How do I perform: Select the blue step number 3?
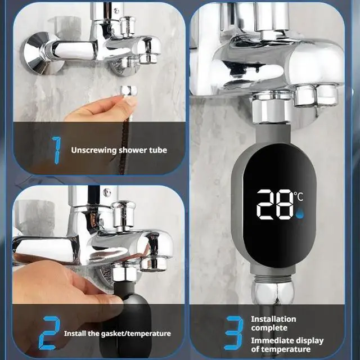click(x=232, y=333)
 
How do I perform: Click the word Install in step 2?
click(x=75, y=334)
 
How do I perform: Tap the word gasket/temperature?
click(x=135, y=334)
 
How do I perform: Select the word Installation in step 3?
click(x=273, y=319)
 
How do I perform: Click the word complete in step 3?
click(x=269, y=328)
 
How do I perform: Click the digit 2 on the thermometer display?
click(x=267, y=204)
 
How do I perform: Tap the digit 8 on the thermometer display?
click(x=284, y=204)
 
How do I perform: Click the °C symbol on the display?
click(x=299, y=196)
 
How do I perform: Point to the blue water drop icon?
click(x=299, y=214)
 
